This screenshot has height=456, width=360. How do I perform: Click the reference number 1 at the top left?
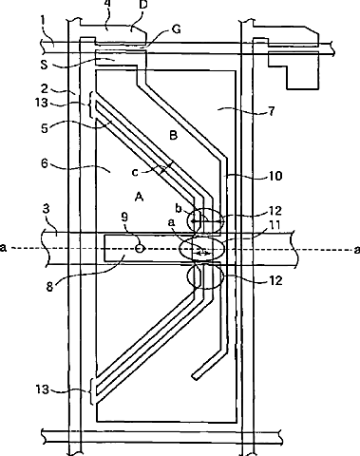43,22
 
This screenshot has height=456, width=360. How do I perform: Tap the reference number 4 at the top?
107,5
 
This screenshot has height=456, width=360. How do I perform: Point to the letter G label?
176,29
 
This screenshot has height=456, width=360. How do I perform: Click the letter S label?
44,65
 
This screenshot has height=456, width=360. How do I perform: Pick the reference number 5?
44,128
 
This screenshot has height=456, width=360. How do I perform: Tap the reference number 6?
44,163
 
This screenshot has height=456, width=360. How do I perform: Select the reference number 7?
272,111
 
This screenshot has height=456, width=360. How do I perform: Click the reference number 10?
275,176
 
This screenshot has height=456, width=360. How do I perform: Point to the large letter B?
174,136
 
